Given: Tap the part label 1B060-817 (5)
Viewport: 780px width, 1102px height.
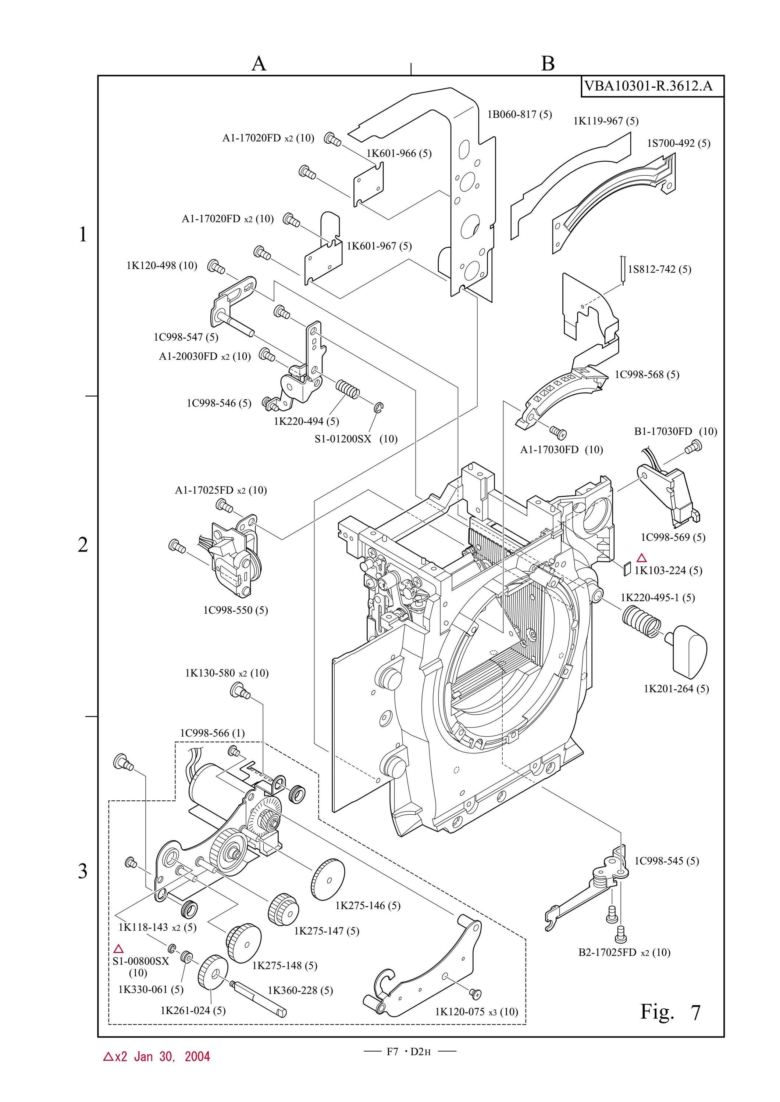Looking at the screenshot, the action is pyautogui.click(x=520, y=114).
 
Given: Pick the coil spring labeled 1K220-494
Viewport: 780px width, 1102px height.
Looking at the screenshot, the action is pyautogui.click(x=347, y=388).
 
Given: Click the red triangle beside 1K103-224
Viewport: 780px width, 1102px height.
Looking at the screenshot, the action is pyautogui.click(x=641, y=558).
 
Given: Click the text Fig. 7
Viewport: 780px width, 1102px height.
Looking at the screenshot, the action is pyautogui.click(x=670, y=1012).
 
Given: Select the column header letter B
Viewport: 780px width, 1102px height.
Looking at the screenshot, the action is pyautogui.click(x=548, y=63).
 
